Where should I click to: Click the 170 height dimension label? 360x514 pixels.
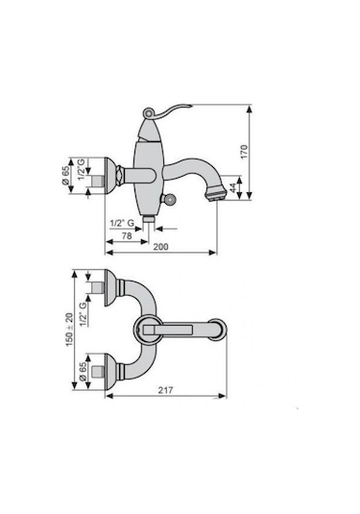[x=245, y=152]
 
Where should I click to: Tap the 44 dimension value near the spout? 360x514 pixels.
[x=233, y=188]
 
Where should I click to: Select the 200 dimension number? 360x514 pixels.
[x=161, y=247]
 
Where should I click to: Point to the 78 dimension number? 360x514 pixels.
[x=127, y=235]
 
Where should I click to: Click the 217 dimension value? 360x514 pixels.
[x=166, y=390]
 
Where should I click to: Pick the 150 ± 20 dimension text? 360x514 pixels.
[x=69, y=330]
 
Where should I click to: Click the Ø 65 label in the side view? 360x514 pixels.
[x=66, y=176]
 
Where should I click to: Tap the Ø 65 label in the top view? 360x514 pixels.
[x=83, y=372]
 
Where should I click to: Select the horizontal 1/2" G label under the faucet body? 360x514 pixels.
[x=122, y=223]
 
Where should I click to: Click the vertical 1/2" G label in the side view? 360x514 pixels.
[x=82, y=169]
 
